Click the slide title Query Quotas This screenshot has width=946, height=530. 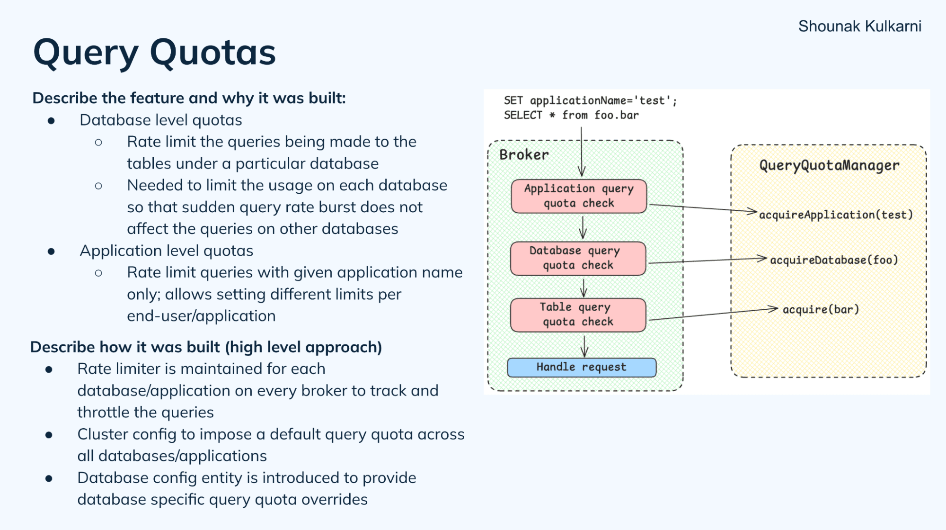pos(154,52)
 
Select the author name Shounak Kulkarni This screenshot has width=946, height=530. pos(859,26)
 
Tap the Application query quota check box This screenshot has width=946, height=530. pos(578,196)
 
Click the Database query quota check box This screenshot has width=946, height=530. pos(578,258)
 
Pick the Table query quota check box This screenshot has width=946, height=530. pos(578,314)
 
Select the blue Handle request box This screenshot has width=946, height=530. pos(582,367)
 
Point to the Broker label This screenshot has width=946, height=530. pos(524,155)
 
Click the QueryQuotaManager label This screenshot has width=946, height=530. pos(829,165)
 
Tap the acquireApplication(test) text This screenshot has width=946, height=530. pos(836,215)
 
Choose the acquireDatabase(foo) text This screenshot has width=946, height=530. pos(834,260)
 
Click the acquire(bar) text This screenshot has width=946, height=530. pos(820,309)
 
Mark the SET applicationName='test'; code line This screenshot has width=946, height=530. pos(590,100)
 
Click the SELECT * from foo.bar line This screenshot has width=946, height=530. pos(571,115)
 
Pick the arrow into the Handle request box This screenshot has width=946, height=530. pos(584,346)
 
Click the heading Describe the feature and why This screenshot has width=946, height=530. pos(189,98)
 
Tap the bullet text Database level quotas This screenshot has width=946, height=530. pos(160,120)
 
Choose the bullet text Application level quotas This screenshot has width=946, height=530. pos(166,251)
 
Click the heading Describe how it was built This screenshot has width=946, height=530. pos(206,347)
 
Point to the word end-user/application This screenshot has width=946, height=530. pos(201,316)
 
